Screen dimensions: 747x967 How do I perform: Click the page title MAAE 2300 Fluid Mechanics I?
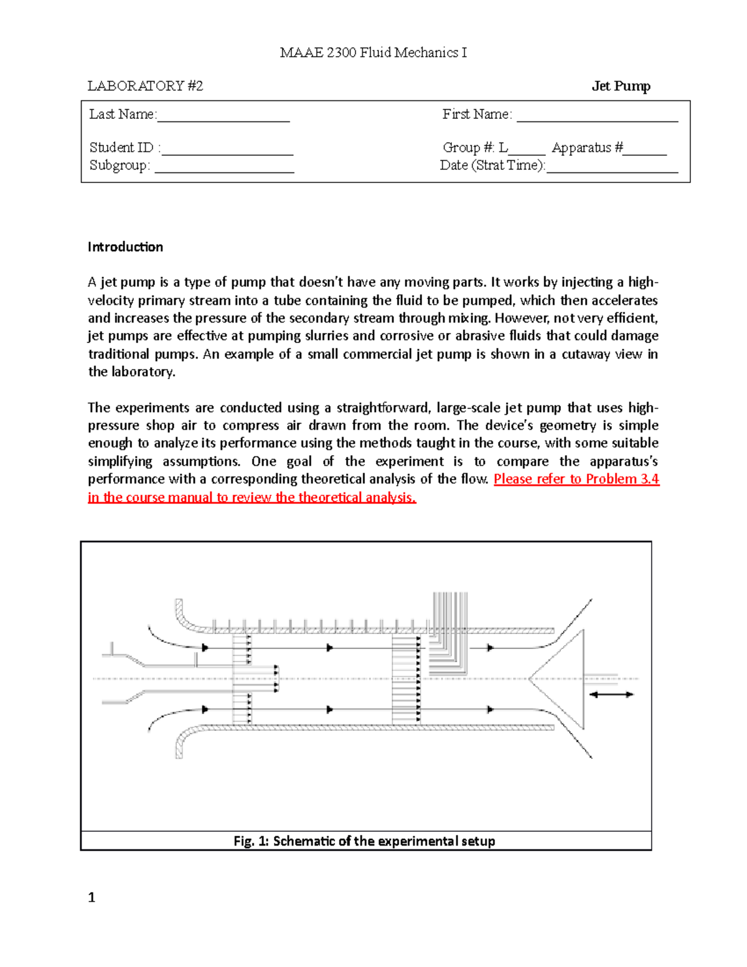tap(373, 53)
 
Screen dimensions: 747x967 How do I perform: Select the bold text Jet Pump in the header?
tap(621, 86)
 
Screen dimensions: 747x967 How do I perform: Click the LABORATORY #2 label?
tap(145, 86)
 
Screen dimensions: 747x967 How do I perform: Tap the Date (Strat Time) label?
tap(492, 166)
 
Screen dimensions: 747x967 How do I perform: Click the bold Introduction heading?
tap(125, 247)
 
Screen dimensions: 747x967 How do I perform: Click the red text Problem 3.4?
tap(622, 479)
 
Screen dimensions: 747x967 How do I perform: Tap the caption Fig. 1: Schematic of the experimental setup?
tap(365, 841)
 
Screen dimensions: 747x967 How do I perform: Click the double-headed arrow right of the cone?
tap(611, 694)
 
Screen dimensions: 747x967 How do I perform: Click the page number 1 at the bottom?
tap(92, 897)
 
